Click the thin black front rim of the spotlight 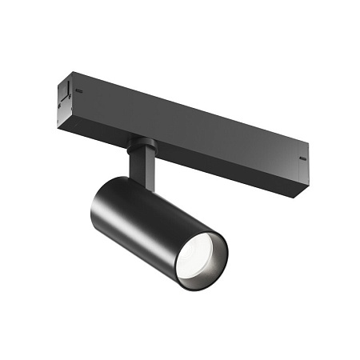tap(225, 256)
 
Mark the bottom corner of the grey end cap tap(63, 111)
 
